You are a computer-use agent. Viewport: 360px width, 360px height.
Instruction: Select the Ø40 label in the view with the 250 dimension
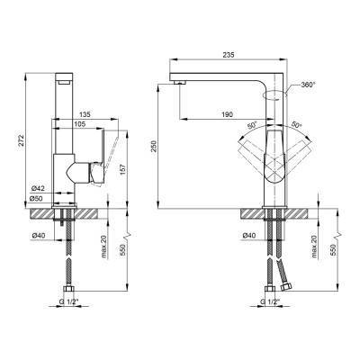(x=252, y=236)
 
